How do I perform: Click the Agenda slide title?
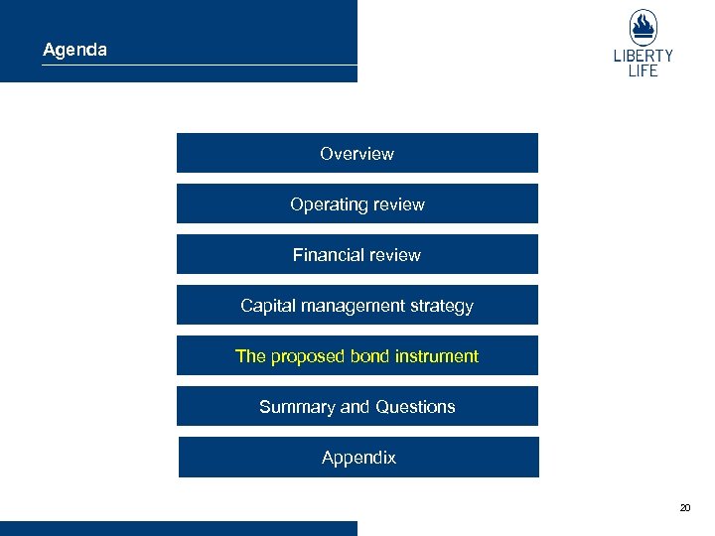click(x=74, y=49)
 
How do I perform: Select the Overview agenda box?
click(x=357, y=154)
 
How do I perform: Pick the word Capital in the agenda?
click(x=265, y=306)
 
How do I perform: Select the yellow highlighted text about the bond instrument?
click(x=357, y=356)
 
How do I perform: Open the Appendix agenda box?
click(x=358, y=458)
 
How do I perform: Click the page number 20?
click(x=685, y=507)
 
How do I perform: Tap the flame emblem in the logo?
click(x=643, y=27)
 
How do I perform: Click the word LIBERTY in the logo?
click(x=643, y=57)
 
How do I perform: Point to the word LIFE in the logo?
click(x=643, y=71)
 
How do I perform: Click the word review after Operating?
click(x=399, y=204)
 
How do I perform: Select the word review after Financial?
click(x=396, y=255)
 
